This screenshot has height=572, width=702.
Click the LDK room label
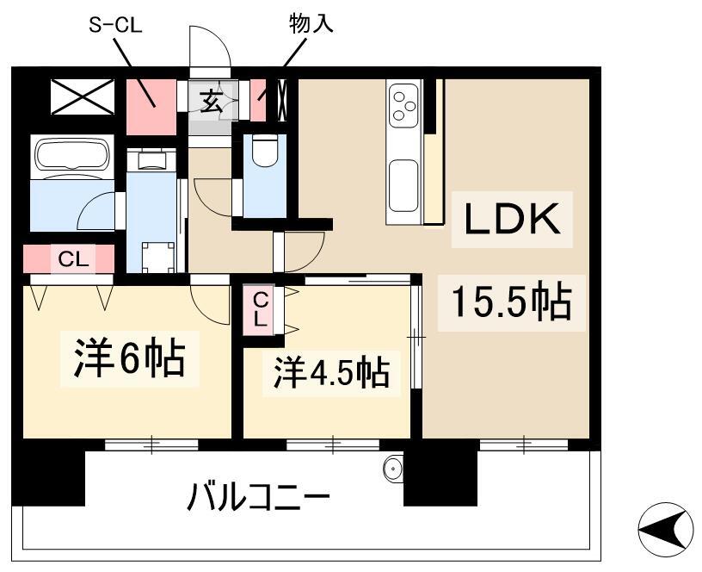click(x=513, y=220)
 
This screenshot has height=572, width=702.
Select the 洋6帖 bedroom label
click(x=124, y=359)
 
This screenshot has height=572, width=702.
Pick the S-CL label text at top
click(x=115, y=24)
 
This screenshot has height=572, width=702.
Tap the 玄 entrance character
click(x=212, y=100)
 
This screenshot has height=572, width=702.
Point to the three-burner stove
click(x=403, y=104)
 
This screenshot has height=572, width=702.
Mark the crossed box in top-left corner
click(x=82, y=97)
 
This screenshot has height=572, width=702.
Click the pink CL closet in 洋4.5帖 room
click(x=261, y=308)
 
